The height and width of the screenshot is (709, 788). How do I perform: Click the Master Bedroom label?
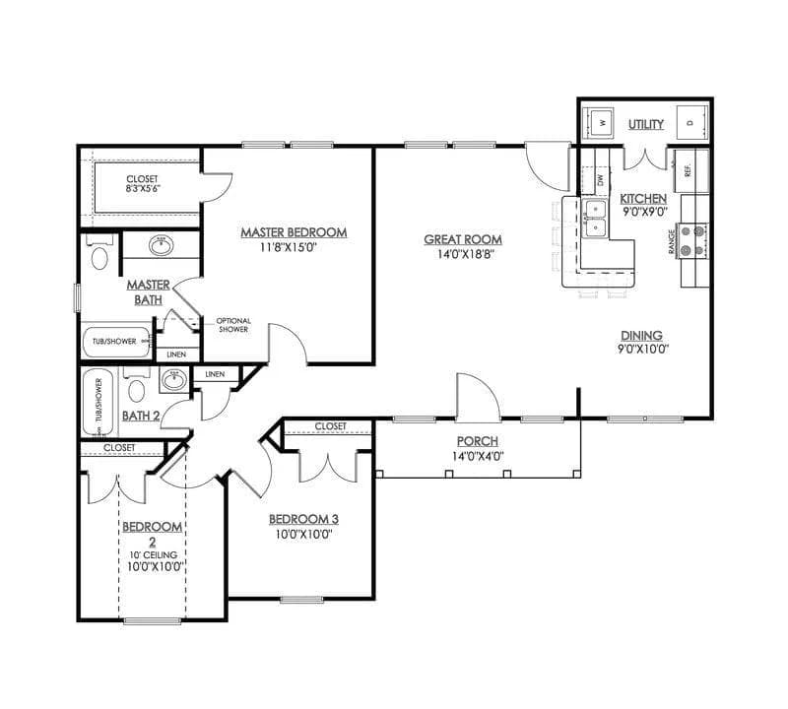294,232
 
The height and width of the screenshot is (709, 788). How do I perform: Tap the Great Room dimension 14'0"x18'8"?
463,254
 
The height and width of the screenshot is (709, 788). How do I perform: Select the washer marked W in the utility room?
601,124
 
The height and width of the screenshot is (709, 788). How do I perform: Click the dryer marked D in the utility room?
689,124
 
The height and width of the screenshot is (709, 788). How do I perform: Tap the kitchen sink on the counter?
595,220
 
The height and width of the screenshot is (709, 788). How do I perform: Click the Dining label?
641,335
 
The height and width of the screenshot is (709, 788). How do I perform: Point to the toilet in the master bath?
98,257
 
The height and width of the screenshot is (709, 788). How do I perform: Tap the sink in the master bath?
160,245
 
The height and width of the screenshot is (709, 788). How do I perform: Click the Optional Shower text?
233,325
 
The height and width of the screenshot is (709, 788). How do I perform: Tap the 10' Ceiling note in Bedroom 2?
152,553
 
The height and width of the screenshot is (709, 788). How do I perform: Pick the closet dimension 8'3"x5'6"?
142,187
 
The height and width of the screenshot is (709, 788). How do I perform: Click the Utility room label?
646,124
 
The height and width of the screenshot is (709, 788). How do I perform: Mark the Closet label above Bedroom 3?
330,426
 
